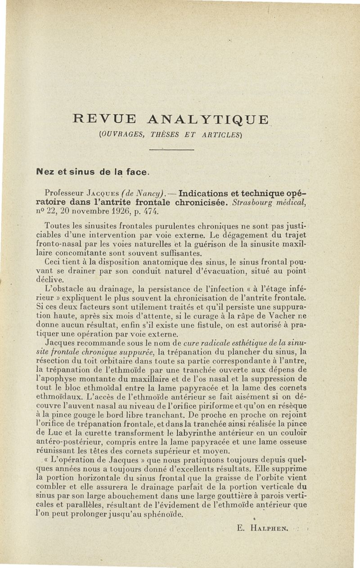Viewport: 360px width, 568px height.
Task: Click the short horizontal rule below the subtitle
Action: pos(171,149)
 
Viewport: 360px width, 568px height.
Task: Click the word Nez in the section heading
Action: pos(45,171)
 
